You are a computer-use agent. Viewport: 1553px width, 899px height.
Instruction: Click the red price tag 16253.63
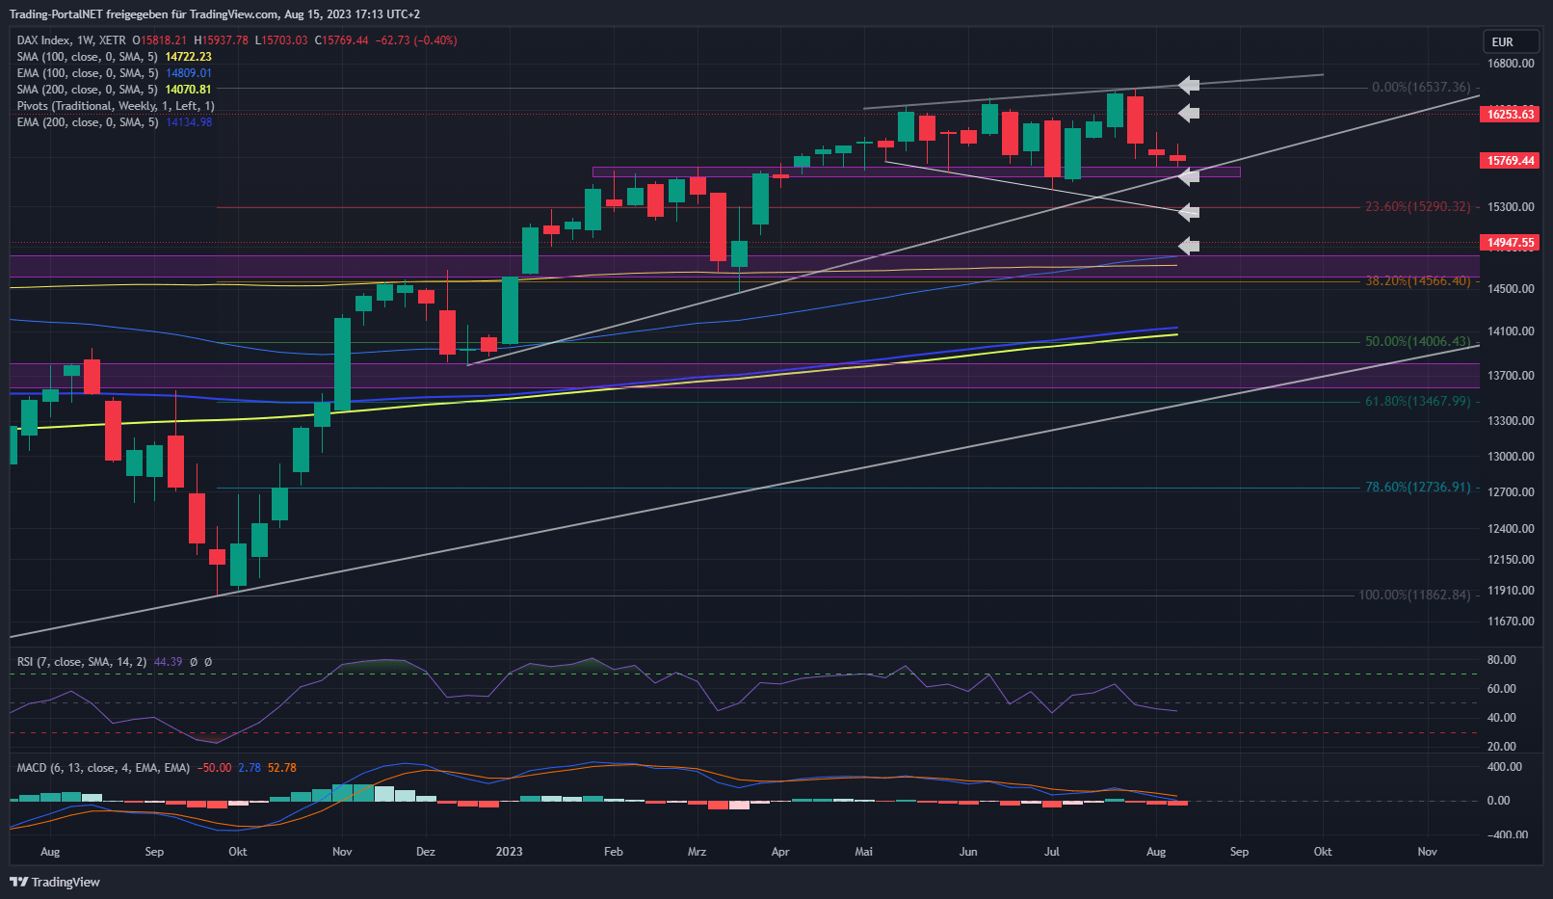pos(1510,115)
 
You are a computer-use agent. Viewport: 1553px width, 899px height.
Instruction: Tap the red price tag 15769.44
pos(1510,161)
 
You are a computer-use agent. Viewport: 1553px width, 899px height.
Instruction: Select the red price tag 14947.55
pos(1510,243)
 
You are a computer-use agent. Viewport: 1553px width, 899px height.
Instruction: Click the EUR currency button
pos(1503,41)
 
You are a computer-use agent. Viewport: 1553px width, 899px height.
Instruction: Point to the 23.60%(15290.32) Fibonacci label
pos(1417,207)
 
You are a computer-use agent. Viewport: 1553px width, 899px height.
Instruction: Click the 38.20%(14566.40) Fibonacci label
pos(1417,281)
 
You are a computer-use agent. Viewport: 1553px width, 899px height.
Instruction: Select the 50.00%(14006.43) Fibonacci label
pos(1417,342)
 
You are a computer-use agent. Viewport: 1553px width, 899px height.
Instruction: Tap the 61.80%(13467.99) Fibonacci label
pos(1417,402)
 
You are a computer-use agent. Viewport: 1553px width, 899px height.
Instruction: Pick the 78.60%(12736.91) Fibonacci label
pos(1417,488)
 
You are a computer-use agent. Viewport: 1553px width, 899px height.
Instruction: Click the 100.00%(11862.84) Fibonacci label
pos(1414,595)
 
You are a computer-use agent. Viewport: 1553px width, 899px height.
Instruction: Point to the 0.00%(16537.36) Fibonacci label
pos(1421,88)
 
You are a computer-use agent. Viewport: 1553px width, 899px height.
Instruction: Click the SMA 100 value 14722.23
pos(188,57)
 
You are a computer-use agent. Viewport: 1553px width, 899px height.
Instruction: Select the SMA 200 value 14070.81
pos(188,90)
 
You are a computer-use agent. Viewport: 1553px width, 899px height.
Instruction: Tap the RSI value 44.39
pos(168,662)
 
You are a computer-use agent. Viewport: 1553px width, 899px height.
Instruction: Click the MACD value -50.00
pos(215,768)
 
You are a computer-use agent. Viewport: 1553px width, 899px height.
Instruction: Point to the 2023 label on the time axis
pos(509,852)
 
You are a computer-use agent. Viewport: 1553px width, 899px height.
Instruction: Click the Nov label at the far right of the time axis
pos(1427,852)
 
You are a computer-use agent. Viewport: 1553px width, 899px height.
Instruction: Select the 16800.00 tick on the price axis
pos(1511,64)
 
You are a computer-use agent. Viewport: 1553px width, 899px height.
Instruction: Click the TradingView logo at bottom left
pos(55,882)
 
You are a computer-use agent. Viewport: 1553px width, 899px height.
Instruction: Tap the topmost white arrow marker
pos(1189,85)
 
